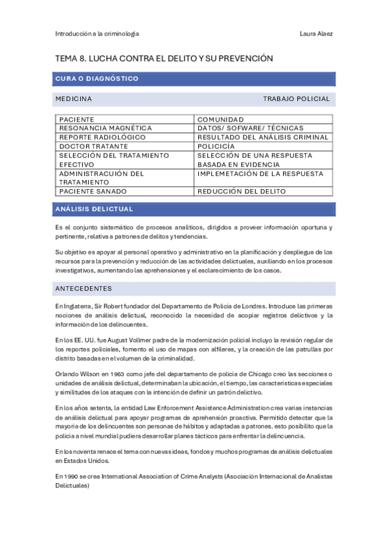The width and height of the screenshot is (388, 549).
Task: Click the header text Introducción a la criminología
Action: (x=97, y=34)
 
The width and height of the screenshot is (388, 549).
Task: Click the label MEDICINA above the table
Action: (x=74, y=99)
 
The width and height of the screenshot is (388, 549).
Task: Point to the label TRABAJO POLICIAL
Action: (x=296, y=99)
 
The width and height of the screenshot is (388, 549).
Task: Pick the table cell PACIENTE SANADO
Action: (x=93, y=192)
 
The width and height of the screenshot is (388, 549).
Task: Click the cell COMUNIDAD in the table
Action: (x=221, y=120)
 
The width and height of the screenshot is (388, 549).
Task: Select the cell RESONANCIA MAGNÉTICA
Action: (x=106, y=128)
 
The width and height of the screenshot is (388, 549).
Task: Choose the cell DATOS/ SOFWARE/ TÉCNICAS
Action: (x=250, y=128)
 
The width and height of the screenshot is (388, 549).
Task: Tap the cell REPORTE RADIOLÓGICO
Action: (x=102, y=137)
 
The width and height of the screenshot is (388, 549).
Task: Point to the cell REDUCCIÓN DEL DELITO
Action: (x=242, y=192)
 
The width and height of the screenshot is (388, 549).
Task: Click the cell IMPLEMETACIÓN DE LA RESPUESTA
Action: (x=260, y=174)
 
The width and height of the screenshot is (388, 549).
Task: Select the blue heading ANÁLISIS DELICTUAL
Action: (x=95, y=209)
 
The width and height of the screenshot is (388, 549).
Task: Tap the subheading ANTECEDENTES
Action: (x=84, y=288)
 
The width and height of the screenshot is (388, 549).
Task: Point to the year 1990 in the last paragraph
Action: (x=73, y=476)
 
